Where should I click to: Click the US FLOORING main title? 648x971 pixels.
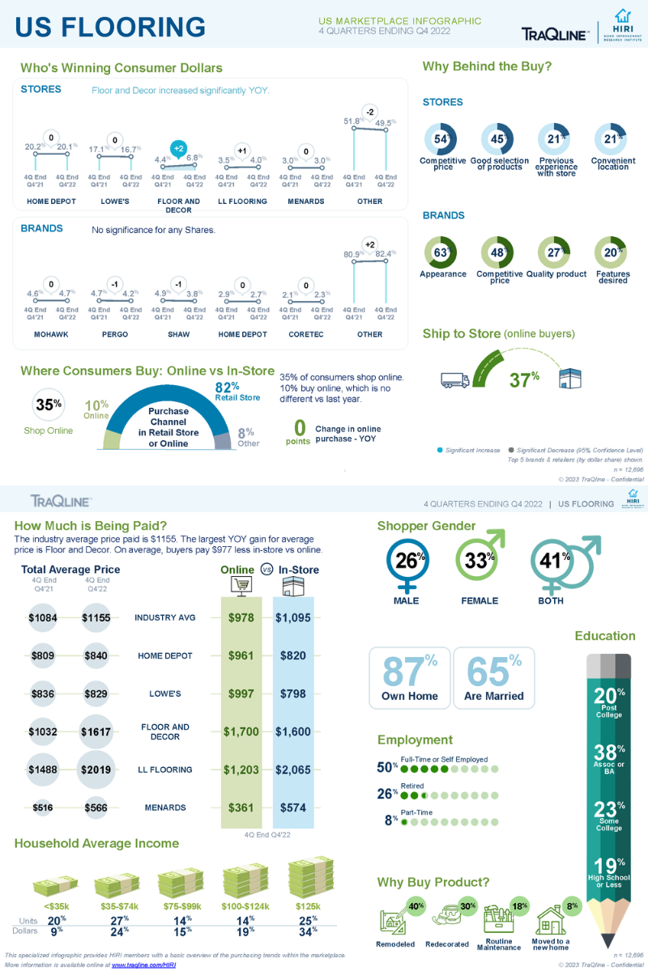[x=111, y=27]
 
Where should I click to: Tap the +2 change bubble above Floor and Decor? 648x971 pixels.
[x=179, y=148]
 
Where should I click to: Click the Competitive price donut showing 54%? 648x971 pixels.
[x=441, y=139]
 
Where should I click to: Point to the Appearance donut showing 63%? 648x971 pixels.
[x=441, y=252]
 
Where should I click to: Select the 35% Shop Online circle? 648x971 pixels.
[x=49, y=405]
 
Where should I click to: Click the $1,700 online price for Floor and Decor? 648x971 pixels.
[x=241, y=731]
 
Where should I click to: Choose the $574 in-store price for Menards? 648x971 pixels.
[x=292, y=808]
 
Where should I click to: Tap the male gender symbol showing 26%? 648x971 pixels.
[x=406, y=562]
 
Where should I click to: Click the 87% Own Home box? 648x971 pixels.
[x=409, y=676]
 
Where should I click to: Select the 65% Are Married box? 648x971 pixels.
[x=493, y=676]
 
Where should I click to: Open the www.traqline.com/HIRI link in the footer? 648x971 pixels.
[x=143, y=965]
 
